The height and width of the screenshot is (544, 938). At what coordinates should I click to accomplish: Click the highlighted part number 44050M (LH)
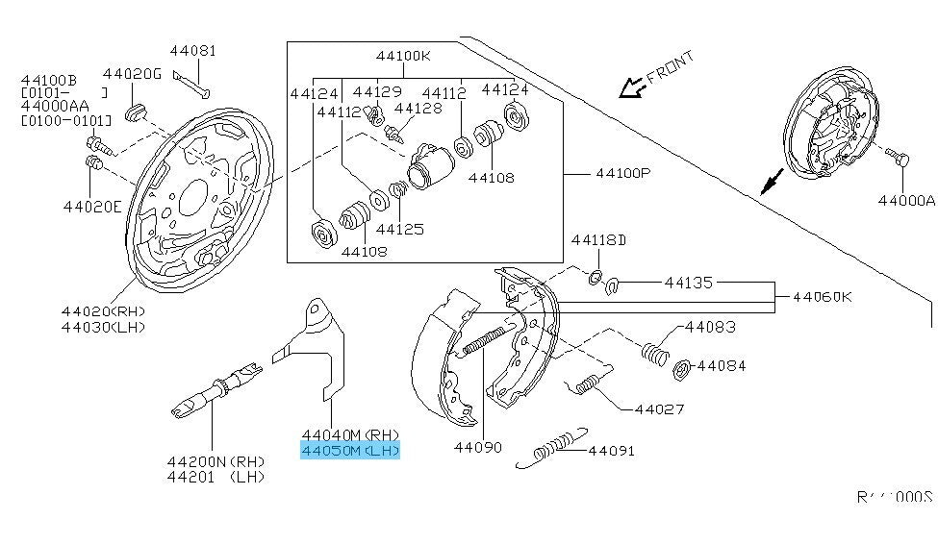[x=349, y=451]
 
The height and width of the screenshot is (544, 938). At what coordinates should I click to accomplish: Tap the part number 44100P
[x=623, y=174]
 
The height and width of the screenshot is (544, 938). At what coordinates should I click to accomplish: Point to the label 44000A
[x=905, y=201]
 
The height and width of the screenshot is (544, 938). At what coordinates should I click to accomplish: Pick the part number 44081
[x=193, y=51]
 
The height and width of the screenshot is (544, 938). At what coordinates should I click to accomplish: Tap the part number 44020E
[x=92, y=206]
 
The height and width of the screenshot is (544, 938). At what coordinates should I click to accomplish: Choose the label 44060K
[x=822, y=297]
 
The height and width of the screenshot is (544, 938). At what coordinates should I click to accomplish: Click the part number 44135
[x=689, y=283]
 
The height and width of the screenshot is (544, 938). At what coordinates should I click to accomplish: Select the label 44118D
[x=598, y=239]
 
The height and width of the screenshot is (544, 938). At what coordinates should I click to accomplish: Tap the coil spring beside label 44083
[x=655, y=351]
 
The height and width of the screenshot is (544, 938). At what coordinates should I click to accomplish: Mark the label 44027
[x=659, y=408]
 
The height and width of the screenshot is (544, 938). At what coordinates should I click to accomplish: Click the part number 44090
[x=478, y=447]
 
